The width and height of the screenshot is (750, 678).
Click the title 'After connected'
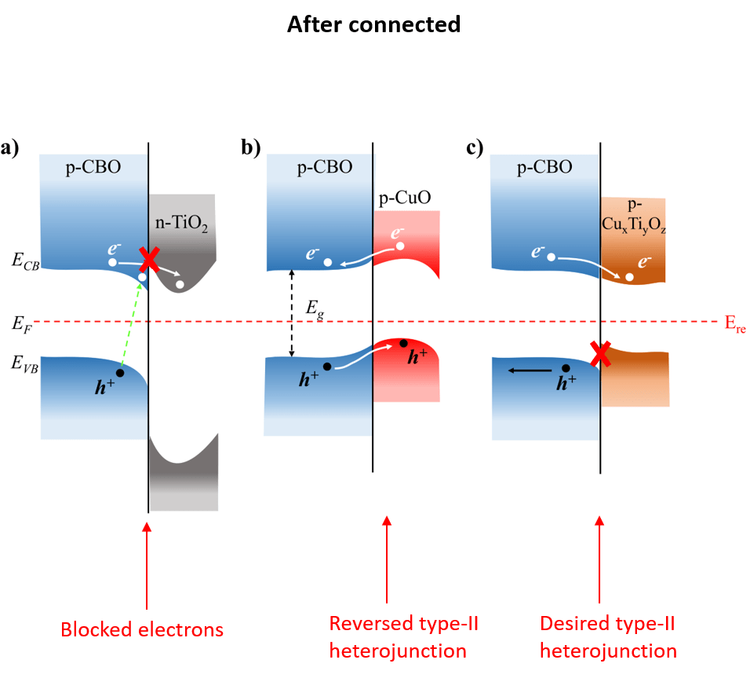tap(373, 24)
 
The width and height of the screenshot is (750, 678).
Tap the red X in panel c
tap(601, 355)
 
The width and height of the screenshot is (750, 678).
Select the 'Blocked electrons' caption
tap(142, 629)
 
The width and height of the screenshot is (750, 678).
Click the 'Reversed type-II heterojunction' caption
tap(404, 636)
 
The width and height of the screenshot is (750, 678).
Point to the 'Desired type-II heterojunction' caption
tap(608, 636)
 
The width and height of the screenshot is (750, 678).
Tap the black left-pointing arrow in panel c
tap(527, 369)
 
